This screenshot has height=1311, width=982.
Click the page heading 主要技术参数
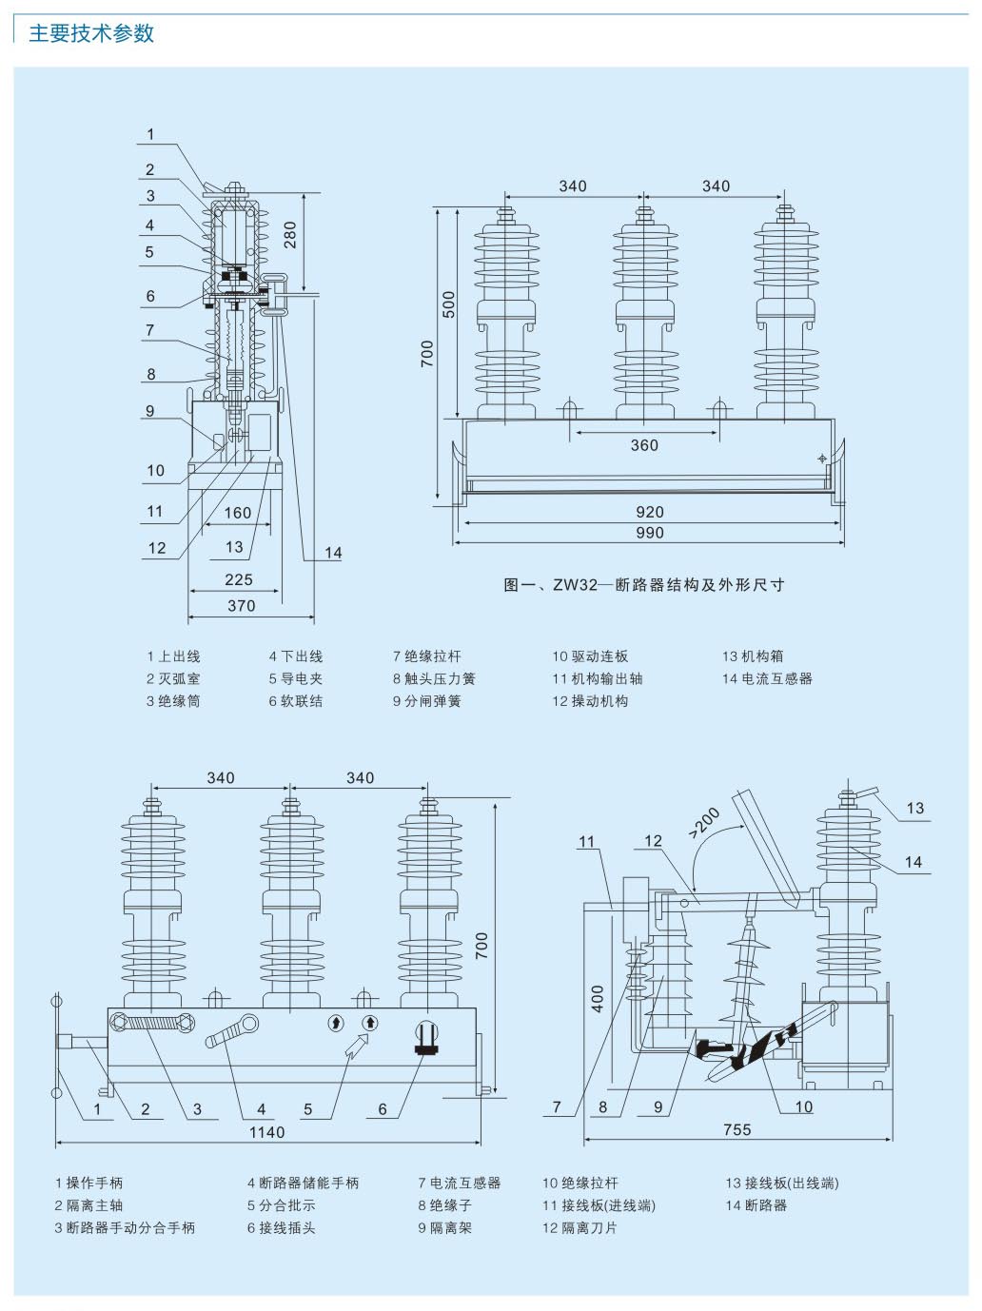point(91,33)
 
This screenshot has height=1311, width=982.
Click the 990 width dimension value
point(649,533)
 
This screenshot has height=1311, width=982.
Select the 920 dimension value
point(649,512)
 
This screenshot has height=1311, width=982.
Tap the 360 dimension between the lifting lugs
point(644,445)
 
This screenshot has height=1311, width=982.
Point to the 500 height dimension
point(449,304)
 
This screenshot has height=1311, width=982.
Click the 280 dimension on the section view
point(290,234)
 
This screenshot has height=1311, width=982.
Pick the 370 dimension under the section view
point(242,606)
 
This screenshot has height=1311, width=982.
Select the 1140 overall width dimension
point(266,1132)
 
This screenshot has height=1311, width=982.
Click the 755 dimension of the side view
point(736,1130)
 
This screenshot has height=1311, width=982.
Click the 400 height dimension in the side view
point(598,997)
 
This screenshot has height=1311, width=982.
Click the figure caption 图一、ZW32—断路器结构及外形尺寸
point(644,585)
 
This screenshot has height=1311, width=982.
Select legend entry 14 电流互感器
point(767,679)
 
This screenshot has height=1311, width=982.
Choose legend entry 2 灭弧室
point(173,679)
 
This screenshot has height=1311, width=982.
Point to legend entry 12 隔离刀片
point(579,1228)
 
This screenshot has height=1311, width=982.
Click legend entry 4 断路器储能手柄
point(303,1184)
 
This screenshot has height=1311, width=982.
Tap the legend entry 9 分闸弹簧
point(426,702)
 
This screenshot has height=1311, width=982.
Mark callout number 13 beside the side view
point(914,809)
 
